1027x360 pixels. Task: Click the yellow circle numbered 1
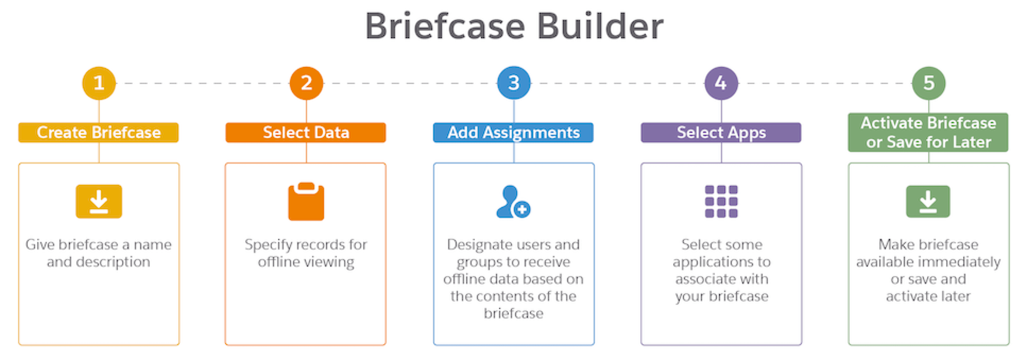(x=99, y=83)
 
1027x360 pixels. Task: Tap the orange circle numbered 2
(x=306, y=83)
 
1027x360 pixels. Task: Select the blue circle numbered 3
(x=513, y=83)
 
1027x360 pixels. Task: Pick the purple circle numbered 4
(x=721, y=83)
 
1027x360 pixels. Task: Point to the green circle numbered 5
(x=928, y=83)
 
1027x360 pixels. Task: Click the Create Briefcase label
(x=99, y=132)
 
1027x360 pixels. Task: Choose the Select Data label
(x=306, y=132)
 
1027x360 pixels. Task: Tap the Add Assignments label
(x=513, y=132)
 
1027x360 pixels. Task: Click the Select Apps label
(x=721, y=132)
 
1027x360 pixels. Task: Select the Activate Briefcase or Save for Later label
(x=928, y=132)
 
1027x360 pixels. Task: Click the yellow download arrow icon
(x=99, y=201)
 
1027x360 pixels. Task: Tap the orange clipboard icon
(x=306, y=202)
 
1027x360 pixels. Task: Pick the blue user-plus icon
(x=512, y=202)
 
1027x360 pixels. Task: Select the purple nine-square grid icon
(x=721, y=201)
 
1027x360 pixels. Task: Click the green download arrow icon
(x=928, y=201)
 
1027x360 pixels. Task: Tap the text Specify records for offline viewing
(x=306, y=253)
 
